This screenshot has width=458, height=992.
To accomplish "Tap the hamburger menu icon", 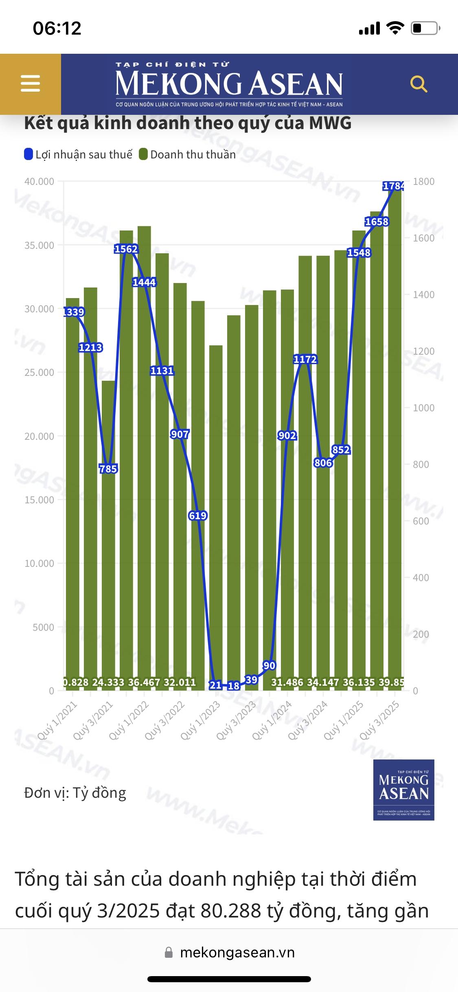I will point(31,83).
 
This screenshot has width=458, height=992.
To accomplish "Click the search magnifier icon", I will point(419,84).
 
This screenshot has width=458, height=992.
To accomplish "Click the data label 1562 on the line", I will point(126,249).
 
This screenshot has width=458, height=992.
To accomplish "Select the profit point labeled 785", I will point(108,469).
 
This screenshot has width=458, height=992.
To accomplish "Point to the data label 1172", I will point(305,359).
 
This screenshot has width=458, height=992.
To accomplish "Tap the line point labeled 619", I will point(198,516).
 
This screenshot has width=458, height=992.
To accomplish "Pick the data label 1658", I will point(377,222).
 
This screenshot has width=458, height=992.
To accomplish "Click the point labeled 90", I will point(269,665).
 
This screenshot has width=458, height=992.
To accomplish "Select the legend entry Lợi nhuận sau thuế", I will point(79,155).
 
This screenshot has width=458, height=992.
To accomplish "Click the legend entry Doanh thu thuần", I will point(188,155).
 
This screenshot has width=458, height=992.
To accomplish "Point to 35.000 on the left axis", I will point(39,245).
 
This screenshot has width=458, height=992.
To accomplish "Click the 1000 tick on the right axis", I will point(423,408).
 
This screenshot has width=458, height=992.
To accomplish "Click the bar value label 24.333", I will point(108,682).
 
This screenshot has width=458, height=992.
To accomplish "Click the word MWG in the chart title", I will point(330,123).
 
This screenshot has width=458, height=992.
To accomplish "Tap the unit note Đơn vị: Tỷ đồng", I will point(75,792).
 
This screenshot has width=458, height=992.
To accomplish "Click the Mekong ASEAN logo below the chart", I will point(403,790).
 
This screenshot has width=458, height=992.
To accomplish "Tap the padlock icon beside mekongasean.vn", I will point(169,952).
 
